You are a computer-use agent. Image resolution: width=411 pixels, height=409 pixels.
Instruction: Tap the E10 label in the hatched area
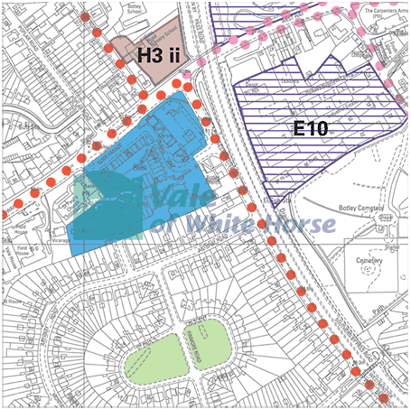coord(310,129)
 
